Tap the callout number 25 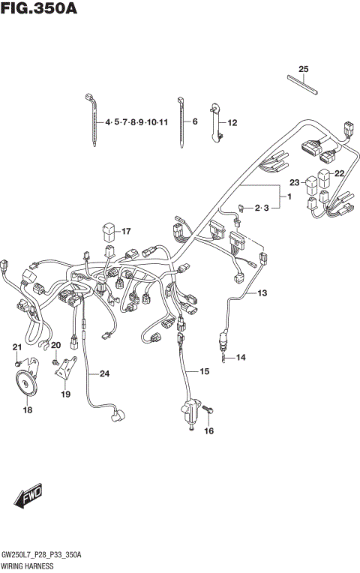tap(303, 70)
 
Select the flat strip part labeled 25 tap(304, 83)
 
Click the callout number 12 tap(232, 122)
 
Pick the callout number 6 tap(194, 121)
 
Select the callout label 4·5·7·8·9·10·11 tap(136, 121)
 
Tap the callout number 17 tap(126, 231)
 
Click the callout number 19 tap(66, 394)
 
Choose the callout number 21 tap(16, 346)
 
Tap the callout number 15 tap(203, 371)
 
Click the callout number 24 tap(103, 373)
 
